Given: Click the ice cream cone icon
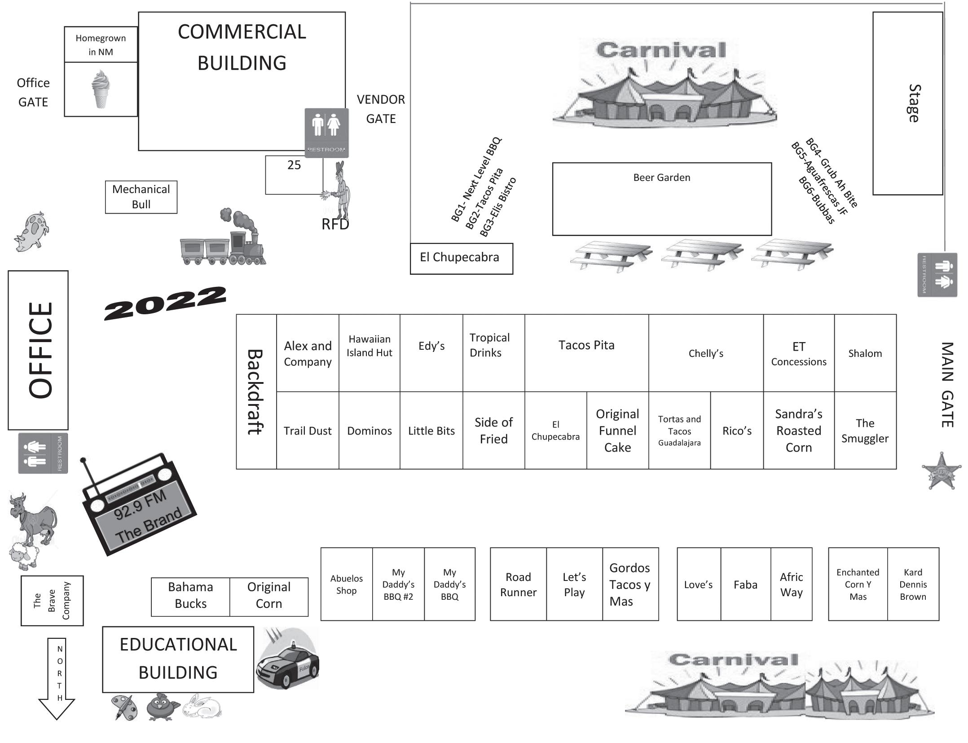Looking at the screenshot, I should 101,89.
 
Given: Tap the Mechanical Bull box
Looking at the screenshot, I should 141,197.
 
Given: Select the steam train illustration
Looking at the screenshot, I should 223,238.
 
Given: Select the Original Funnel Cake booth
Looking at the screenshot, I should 617,431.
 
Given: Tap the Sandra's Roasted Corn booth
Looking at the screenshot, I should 798,431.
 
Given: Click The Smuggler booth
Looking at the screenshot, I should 865,431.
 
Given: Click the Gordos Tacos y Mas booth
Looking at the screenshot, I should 630,585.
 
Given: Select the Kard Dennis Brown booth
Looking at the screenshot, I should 913,585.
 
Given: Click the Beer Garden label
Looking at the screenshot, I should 661,178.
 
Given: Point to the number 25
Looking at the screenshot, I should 294,165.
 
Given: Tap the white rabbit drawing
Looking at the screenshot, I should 203,706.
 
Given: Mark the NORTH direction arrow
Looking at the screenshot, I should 57,678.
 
